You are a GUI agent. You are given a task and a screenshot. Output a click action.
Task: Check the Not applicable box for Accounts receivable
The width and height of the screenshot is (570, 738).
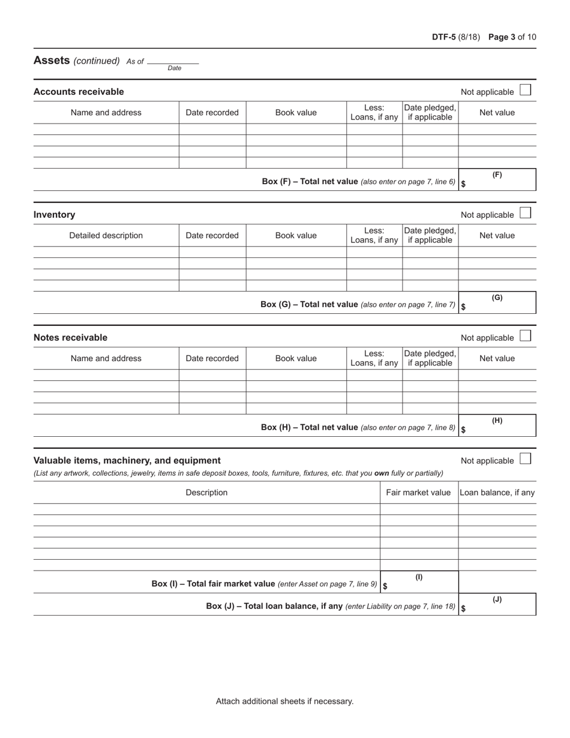[526, 91]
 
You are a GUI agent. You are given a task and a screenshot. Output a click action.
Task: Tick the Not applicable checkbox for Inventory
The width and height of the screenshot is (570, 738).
[526, 214]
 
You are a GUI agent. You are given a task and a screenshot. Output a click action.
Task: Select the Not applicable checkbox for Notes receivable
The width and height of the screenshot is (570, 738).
[526, 337]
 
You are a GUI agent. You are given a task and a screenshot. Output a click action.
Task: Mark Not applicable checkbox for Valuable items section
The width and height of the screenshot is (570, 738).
[526, 460]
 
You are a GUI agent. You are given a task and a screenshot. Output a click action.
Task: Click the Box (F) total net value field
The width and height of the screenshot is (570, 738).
[497, 180]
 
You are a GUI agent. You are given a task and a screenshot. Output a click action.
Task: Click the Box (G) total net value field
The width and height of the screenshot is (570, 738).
[497, 303]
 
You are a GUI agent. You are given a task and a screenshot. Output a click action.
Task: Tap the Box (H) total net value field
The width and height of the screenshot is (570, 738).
[497, 426]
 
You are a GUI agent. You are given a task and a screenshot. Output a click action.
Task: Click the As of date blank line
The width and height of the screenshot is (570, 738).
[173, 61]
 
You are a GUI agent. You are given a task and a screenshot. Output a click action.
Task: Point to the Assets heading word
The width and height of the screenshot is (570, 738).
[52, 60]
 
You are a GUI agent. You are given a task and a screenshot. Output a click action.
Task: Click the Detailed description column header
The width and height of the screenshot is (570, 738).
[106, 235]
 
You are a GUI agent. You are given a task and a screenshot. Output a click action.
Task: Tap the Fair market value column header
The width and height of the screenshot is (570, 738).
[418, 493]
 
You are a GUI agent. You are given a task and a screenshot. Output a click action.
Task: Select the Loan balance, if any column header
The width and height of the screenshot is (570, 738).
[497, 493]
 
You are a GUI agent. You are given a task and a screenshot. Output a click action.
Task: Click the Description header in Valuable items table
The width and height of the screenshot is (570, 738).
[206, 493]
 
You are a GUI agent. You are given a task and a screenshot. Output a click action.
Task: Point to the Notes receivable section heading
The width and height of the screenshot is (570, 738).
[71, 337]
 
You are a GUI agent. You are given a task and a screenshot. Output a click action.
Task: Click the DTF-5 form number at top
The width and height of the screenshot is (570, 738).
[444, 37]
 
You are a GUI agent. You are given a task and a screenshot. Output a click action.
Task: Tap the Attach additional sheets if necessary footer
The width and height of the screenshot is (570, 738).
[285, 701]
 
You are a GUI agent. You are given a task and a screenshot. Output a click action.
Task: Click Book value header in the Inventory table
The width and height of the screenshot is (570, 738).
[296, 235]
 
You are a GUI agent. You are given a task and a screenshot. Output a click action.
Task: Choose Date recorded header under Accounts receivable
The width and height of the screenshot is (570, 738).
[212, 112]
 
